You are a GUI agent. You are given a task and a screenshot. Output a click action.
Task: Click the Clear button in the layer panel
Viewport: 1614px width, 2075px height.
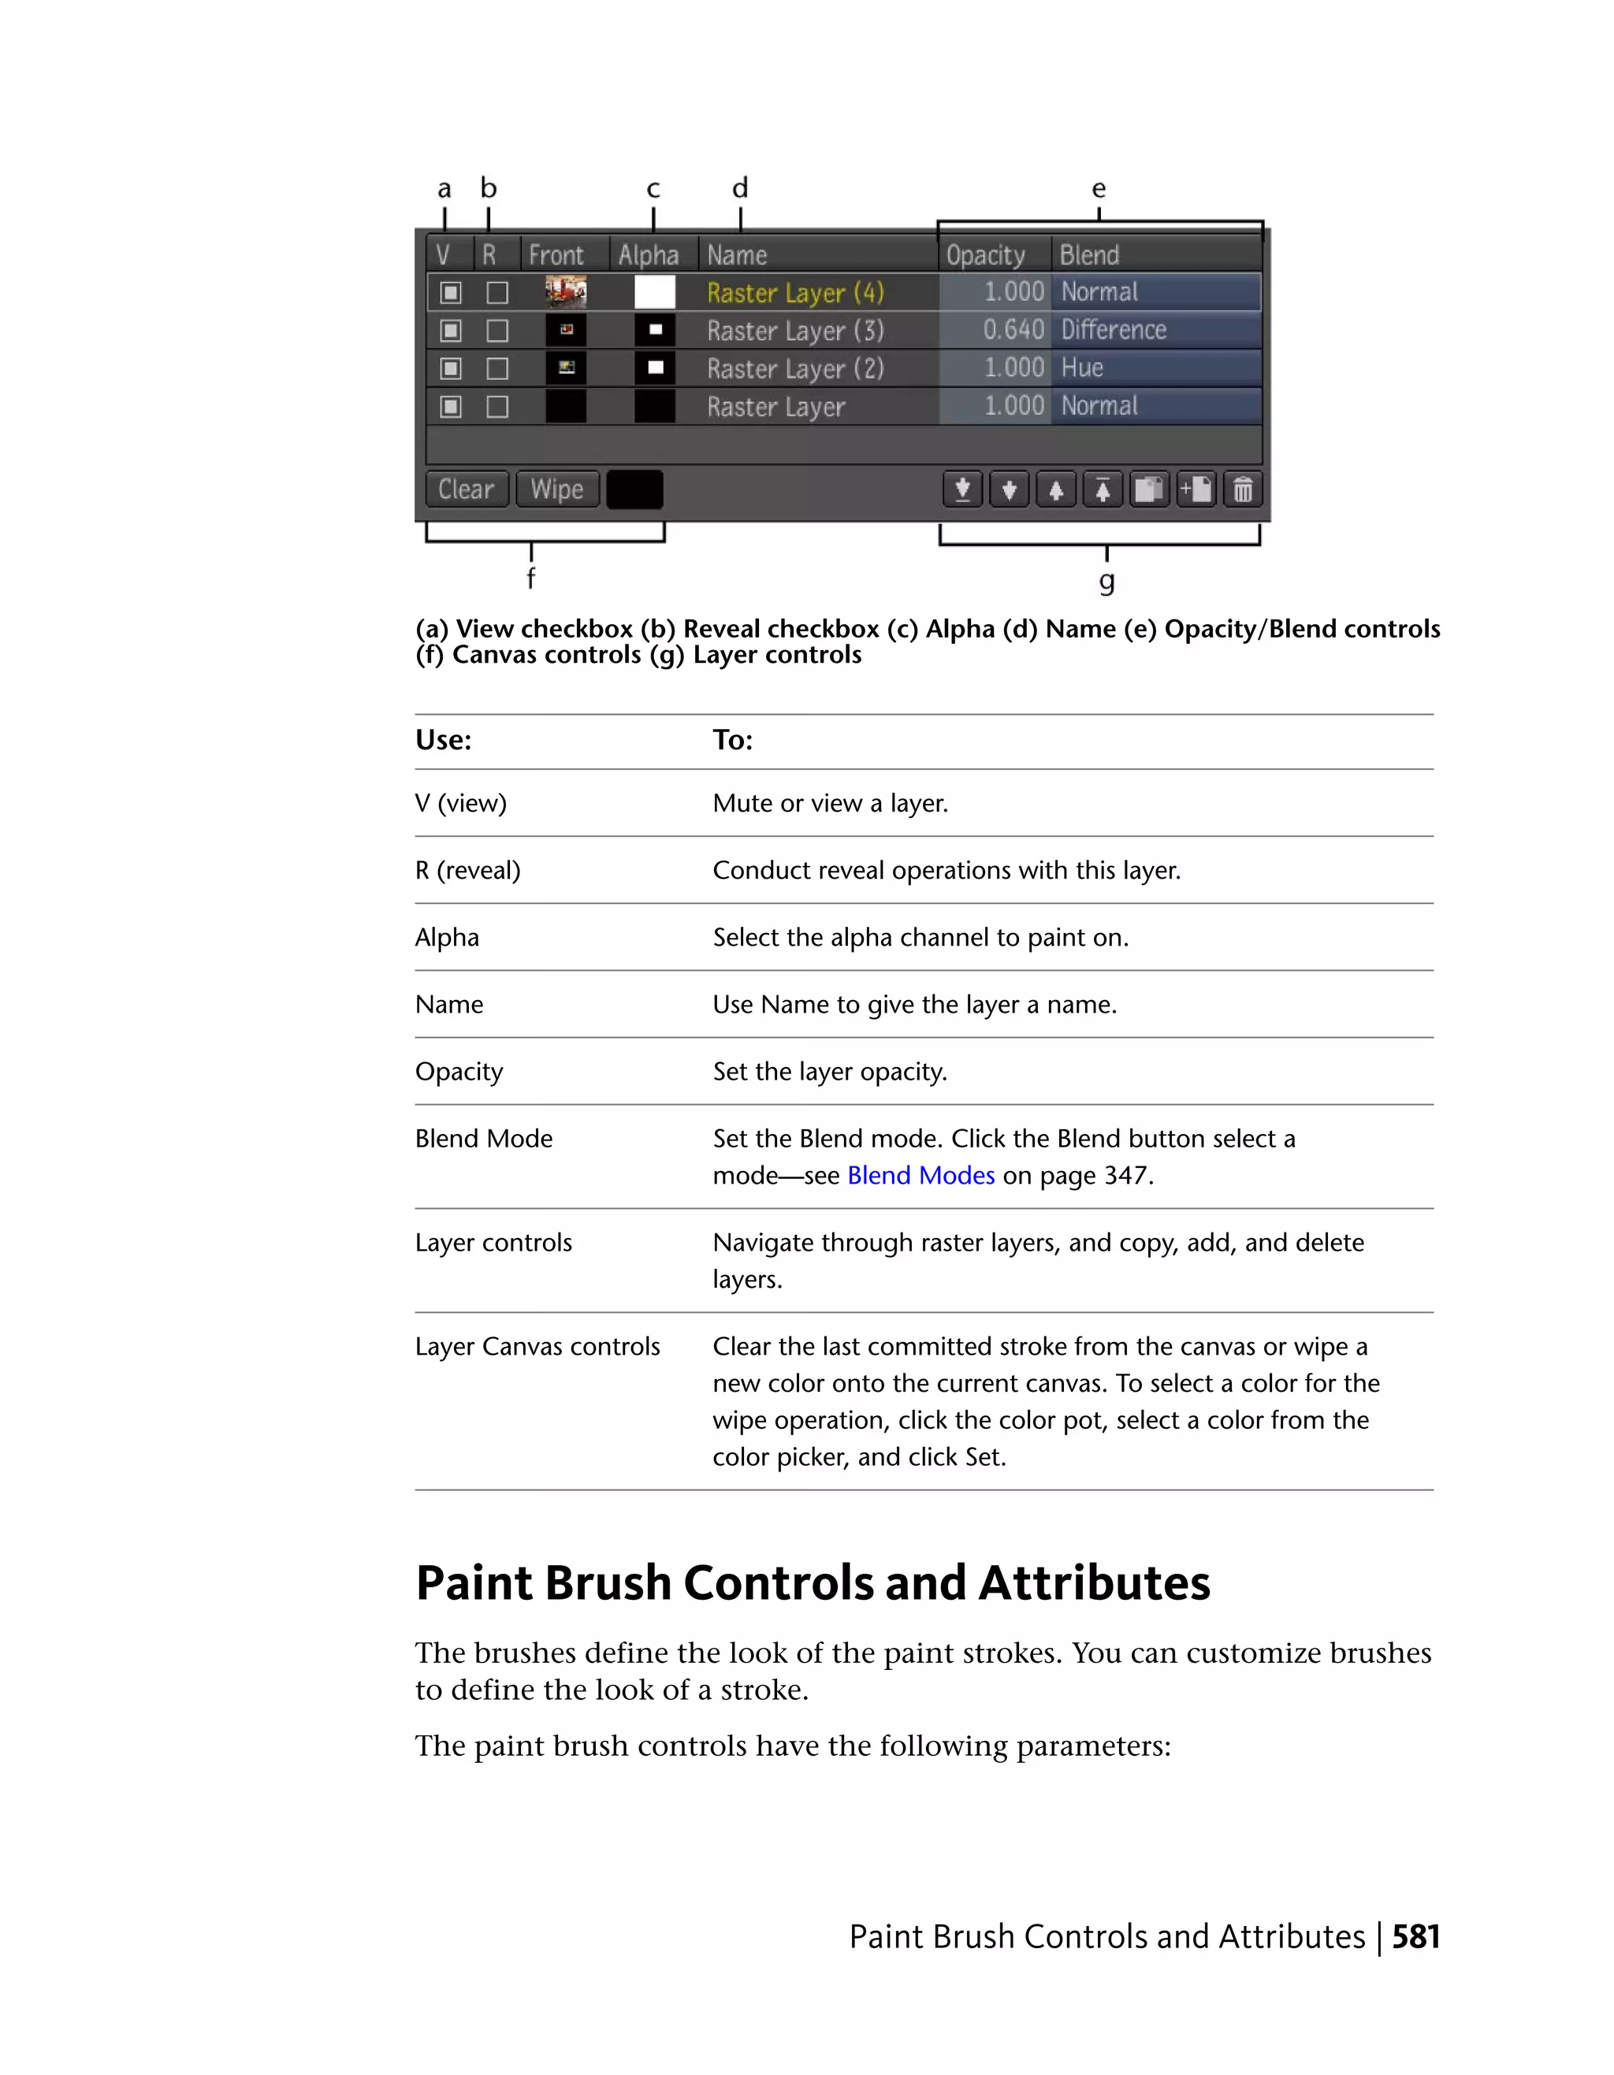[x=467, y=489]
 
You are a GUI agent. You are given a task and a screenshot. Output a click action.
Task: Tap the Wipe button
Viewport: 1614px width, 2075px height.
[x=556, y=489]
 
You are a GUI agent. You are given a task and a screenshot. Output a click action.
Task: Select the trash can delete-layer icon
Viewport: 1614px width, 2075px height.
[x=1243, y=490]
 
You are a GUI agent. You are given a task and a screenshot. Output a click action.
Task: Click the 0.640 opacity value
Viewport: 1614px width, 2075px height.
[x=1013, y=329]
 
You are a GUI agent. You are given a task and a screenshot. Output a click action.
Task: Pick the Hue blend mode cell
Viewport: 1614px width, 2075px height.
[x=1082, y=368]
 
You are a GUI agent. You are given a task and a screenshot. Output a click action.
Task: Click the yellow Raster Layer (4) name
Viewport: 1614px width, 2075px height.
[x=795, y=292]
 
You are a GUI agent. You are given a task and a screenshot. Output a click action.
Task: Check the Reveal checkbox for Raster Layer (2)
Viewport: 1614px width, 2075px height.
[x=496, y=369]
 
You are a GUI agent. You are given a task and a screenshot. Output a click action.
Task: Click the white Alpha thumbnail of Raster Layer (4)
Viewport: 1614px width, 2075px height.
[x=655, y=292]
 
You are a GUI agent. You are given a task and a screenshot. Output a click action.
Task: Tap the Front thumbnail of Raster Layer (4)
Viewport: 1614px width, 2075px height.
[x=566, y=292]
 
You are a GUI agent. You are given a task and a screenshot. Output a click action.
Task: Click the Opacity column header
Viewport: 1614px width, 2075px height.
[x=985, y=255]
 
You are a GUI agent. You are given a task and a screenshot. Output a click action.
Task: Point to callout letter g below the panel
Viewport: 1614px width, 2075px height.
[x=1106, y=581]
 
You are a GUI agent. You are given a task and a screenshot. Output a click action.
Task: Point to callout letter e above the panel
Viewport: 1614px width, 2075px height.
[x=1099, y=189]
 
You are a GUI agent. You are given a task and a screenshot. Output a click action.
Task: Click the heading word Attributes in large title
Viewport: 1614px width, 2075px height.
[x=1095, y=1584]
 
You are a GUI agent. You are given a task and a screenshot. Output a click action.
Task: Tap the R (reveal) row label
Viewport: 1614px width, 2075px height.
[x=467, y=870]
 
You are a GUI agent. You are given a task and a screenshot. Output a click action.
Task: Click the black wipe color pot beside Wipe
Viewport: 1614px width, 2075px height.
[x=634, y=490]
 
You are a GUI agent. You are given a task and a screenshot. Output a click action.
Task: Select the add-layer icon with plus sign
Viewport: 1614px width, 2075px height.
[x=1196, y=490]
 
